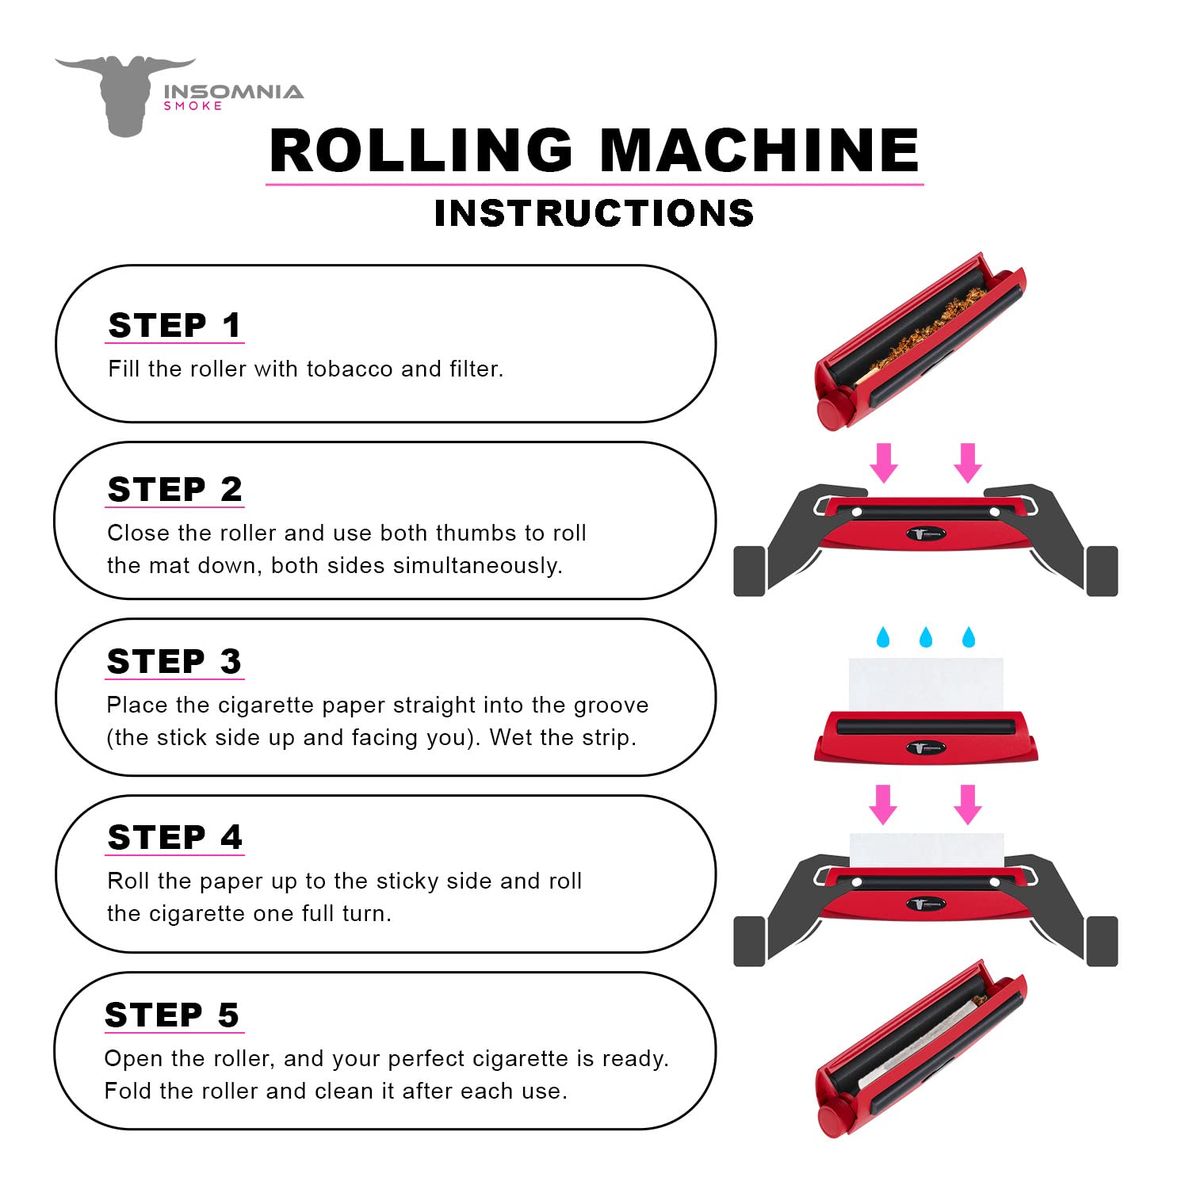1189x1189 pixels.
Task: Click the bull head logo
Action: (125, 94)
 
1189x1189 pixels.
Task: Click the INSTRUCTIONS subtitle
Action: (594, 213)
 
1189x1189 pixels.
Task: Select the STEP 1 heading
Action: (174, 326)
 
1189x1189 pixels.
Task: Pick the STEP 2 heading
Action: (174, 489)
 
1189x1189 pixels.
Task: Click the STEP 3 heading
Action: (174, 661)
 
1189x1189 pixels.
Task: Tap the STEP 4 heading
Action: (174, 838)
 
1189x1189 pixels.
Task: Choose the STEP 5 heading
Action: (172, 1015)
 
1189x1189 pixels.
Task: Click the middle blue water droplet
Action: (925, 637)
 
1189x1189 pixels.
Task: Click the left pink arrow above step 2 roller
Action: (883, 463)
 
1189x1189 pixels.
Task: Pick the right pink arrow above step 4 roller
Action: (967, 805)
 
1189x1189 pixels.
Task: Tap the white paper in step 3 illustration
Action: (925, 683)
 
